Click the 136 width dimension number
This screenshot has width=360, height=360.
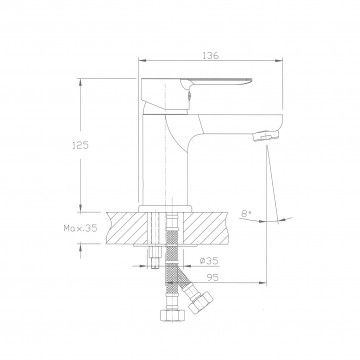point(210,55)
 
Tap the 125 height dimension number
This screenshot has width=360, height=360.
point(80,145)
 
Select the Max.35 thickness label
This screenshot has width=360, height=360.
point(80,228)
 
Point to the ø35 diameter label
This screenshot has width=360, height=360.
point(209,261)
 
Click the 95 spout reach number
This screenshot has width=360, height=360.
point(212,277)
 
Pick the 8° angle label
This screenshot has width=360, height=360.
point(247,214)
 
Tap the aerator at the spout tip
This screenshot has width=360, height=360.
point(266,136)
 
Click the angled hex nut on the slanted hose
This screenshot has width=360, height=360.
point(200,301)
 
